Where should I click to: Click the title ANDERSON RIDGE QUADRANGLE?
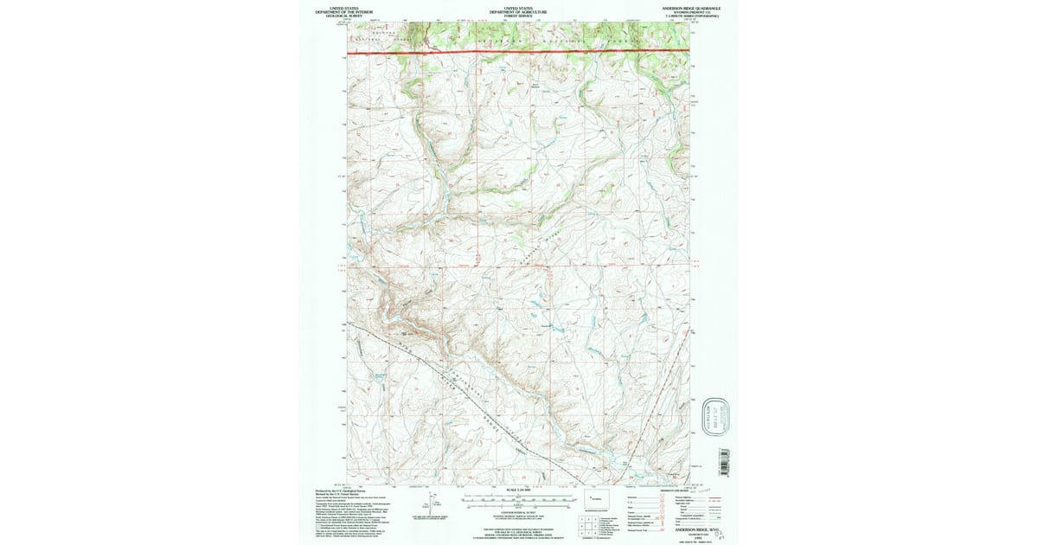point(691,7)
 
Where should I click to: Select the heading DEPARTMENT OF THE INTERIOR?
point(343,12)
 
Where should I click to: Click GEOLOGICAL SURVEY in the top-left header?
point(343,16)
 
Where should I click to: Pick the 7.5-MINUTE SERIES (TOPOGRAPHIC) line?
point(691,16)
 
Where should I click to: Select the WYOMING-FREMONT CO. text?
point(691,12)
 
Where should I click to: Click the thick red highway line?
point(519,53)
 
